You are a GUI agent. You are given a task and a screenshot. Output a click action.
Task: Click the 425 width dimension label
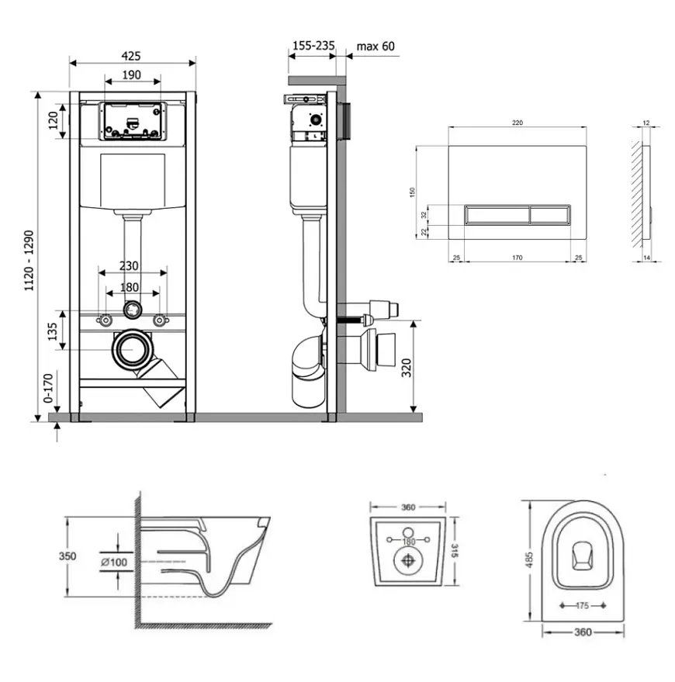coord(131,56)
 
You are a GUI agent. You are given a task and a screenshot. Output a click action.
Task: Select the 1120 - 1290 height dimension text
coord(29,261)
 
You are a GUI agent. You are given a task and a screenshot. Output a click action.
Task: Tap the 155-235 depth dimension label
coord(313,45)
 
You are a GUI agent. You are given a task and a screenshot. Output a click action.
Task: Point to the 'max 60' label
coord(376,46)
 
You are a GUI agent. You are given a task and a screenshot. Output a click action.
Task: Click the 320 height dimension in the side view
coord(407,368)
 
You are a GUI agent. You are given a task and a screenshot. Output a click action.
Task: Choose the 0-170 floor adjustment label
coord(48,388)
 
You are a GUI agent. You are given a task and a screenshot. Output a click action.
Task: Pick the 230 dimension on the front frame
coord(129,265)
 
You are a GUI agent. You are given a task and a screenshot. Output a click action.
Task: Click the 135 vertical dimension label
coord(52,331)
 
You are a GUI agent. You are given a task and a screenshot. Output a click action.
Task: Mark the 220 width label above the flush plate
coord(517,123)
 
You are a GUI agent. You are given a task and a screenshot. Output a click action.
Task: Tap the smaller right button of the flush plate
coord(550,214)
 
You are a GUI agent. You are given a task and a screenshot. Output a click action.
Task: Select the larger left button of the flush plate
coord(497,214)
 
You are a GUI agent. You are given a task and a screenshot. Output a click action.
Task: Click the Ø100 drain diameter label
coord(114,562)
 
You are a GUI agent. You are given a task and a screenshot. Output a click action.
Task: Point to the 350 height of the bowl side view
coord(67,556)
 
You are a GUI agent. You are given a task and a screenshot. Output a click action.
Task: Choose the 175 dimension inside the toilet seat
coord(583,605)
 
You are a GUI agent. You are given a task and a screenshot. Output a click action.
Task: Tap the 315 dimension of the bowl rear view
coord(455,551)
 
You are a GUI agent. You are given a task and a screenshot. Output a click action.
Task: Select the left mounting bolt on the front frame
coord(106,320)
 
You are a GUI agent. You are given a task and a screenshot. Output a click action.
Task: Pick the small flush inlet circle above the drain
coord(133,310)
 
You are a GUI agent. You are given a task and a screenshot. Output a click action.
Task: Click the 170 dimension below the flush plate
coord(517,258)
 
